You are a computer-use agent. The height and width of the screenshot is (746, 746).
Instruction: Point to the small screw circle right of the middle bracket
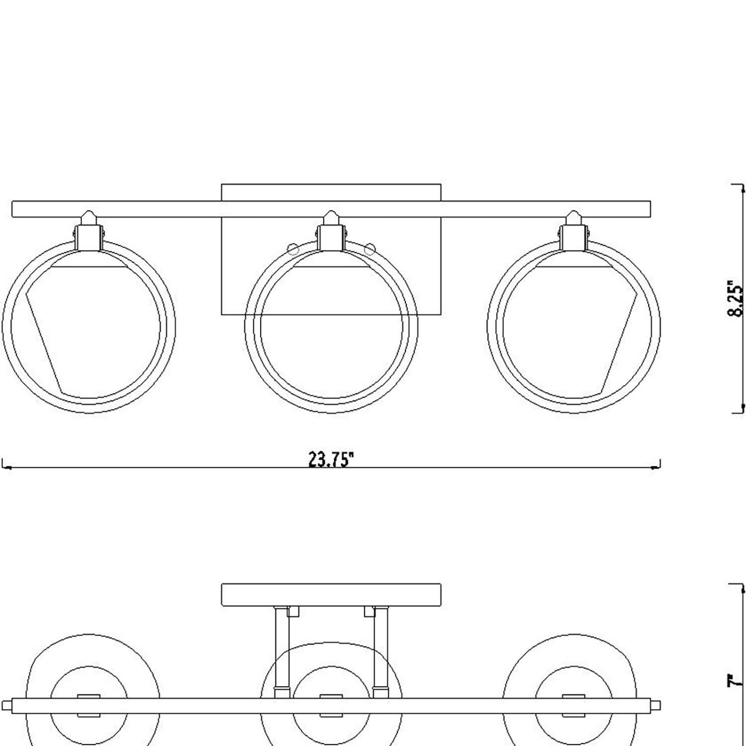click(x=369, y=249)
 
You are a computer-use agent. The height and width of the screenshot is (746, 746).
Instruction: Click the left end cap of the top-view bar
click(x=6, y=706)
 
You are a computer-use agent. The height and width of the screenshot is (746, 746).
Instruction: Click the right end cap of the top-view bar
click(x=655, y=706)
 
